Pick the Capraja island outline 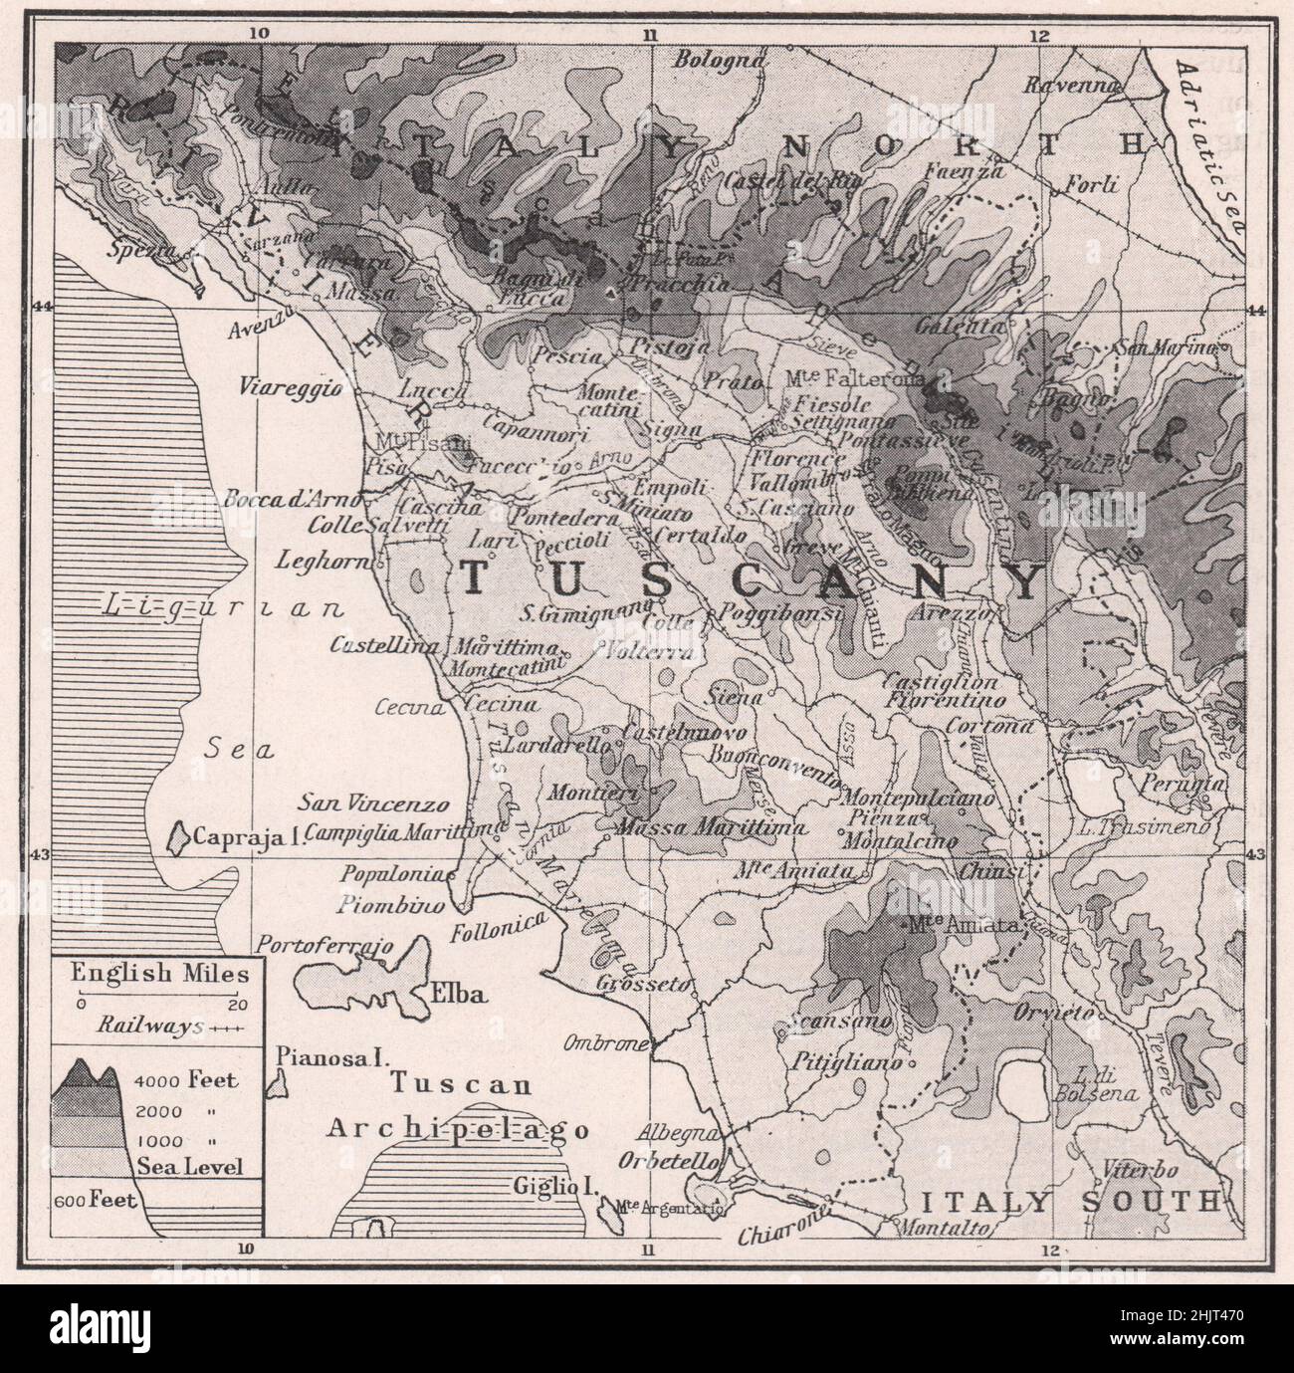coord(178,836)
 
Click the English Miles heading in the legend coord(153,973)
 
